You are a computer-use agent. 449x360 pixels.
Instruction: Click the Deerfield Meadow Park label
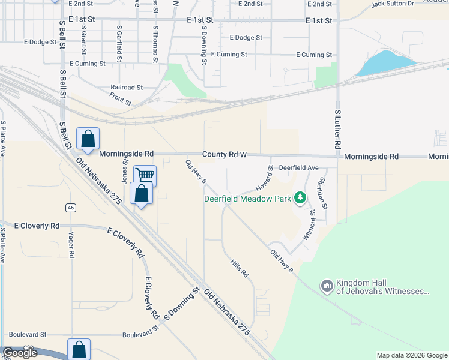247,199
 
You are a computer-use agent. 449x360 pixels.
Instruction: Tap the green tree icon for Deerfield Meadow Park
299,199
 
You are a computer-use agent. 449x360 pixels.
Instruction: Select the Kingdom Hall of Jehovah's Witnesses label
383,287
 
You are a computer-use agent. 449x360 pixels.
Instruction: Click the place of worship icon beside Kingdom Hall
327,286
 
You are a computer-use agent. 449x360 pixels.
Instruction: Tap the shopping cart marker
145,175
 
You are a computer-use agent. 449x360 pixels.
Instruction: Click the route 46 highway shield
71,208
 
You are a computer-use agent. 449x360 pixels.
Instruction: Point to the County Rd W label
224,154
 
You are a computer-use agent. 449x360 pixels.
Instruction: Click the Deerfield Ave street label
298,168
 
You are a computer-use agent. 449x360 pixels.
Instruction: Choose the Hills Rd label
239,267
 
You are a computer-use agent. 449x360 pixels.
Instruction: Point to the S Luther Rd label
337,130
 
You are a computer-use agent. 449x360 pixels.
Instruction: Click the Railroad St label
126,87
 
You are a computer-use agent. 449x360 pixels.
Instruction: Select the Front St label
121,98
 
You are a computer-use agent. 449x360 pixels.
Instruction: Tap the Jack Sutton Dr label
393,4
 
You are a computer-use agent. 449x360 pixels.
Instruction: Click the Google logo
20,353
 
